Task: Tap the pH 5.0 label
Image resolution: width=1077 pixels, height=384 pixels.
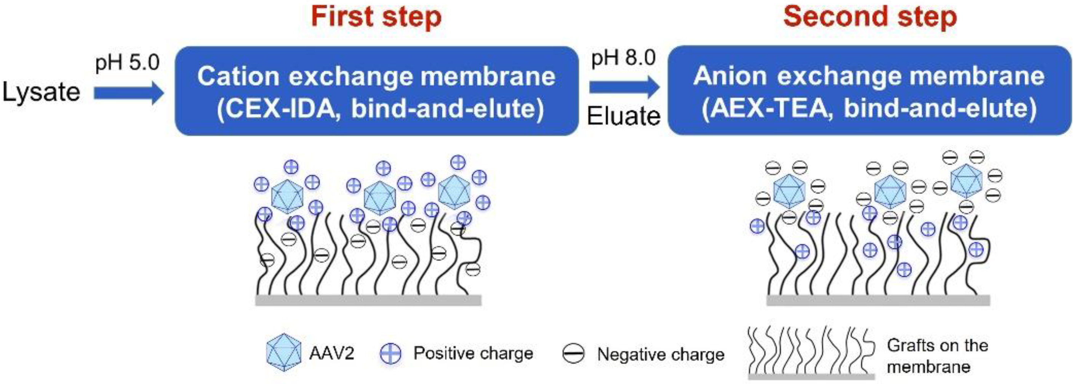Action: [x=127, y=63]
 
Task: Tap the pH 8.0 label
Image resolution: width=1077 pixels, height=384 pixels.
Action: [x=623, y=58]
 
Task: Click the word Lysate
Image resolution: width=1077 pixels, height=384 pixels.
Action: [x=41, y=92]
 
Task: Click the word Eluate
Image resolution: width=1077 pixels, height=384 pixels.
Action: [x=623, y=116]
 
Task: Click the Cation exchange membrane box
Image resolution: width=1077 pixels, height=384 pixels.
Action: [x=376, y=90]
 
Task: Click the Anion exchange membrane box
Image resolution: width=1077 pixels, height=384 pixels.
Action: [x=870, y=90]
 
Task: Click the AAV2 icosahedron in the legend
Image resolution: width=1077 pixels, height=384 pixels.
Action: [x=283, y=352]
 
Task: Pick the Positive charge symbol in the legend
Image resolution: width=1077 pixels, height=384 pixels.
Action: [x=390, y=353]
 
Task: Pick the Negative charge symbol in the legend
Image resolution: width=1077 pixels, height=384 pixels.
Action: [x=573, y=354]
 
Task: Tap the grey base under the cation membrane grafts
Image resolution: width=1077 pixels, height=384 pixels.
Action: [x=368, y=300]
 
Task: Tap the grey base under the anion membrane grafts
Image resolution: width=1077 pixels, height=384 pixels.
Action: [x=878, y=300]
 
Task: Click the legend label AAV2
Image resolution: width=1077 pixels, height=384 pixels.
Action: [x=331, y=353]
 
